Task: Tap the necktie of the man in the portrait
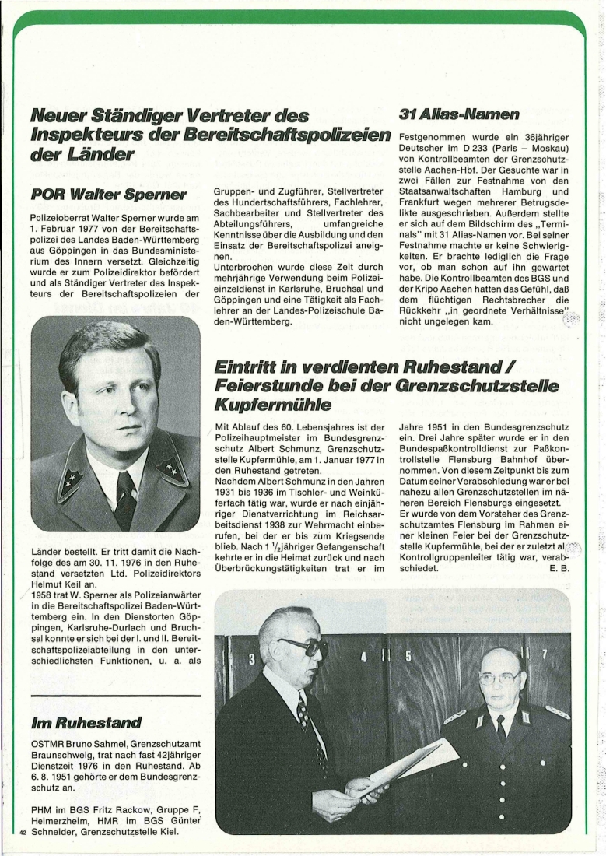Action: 125,498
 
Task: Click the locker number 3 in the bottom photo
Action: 251,660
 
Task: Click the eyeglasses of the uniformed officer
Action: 499,678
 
